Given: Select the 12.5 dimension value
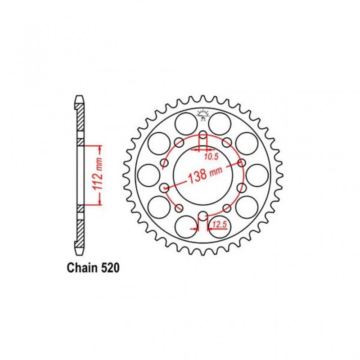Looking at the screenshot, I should pyautogui.click(x=219, y=226).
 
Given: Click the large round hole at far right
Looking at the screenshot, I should pyautogui.click(x=257, y=175).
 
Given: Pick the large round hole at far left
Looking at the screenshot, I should pyautogui.click(x=148, y=175).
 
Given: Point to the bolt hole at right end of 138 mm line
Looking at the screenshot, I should pyautogui.click(x=242, y=163).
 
